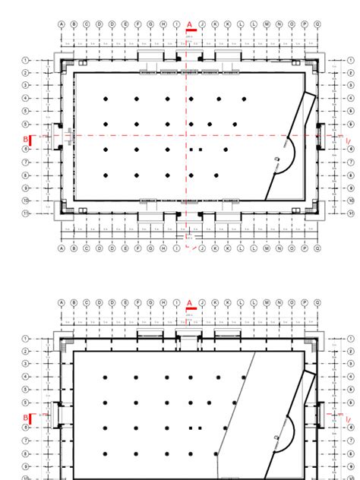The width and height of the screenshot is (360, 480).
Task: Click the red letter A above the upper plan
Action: tap(189, 24)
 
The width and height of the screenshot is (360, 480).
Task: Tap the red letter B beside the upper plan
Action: tap(25, 139)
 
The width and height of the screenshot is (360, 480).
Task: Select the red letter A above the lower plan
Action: tap(189, 302)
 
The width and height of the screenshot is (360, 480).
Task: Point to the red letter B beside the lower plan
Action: tap(25, 418)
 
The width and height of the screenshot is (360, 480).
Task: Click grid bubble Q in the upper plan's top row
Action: tap(317, 24)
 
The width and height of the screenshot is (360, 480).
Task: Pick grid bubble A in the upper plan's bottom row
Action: tap(62, 248)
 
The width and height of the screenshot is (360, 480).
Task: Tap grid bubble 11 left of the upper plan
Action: tap(26, 213)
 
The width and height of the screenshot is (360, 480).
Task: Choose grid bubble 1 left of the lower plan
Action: tap(26, 339)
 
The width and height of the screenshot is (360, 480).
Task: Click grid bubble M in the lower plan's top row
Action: tap(267, 302)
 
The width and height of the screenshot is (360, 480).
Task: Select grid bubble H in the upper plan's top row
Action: tap(164, 24)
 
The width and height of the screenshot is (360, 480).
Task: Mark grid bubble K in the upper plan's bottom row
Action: tap(216, 248)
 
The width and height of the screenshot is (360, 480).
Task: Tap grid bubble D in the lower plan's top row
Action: tap(112, 302)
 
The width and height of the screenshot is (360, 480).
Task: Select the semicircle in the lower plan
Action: tap(289, 433)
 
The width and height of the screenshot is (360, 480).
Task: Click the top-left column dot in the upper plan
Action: tap(106, 99)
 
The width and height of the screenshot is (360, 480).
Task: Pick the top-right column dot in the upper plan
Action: tap(245, 99)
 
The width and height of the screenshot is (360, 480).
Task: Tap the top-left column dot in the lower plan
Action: tap(106, 377)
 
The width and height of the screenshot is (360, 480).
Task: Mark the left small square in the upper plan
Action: tap(192, 150)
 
